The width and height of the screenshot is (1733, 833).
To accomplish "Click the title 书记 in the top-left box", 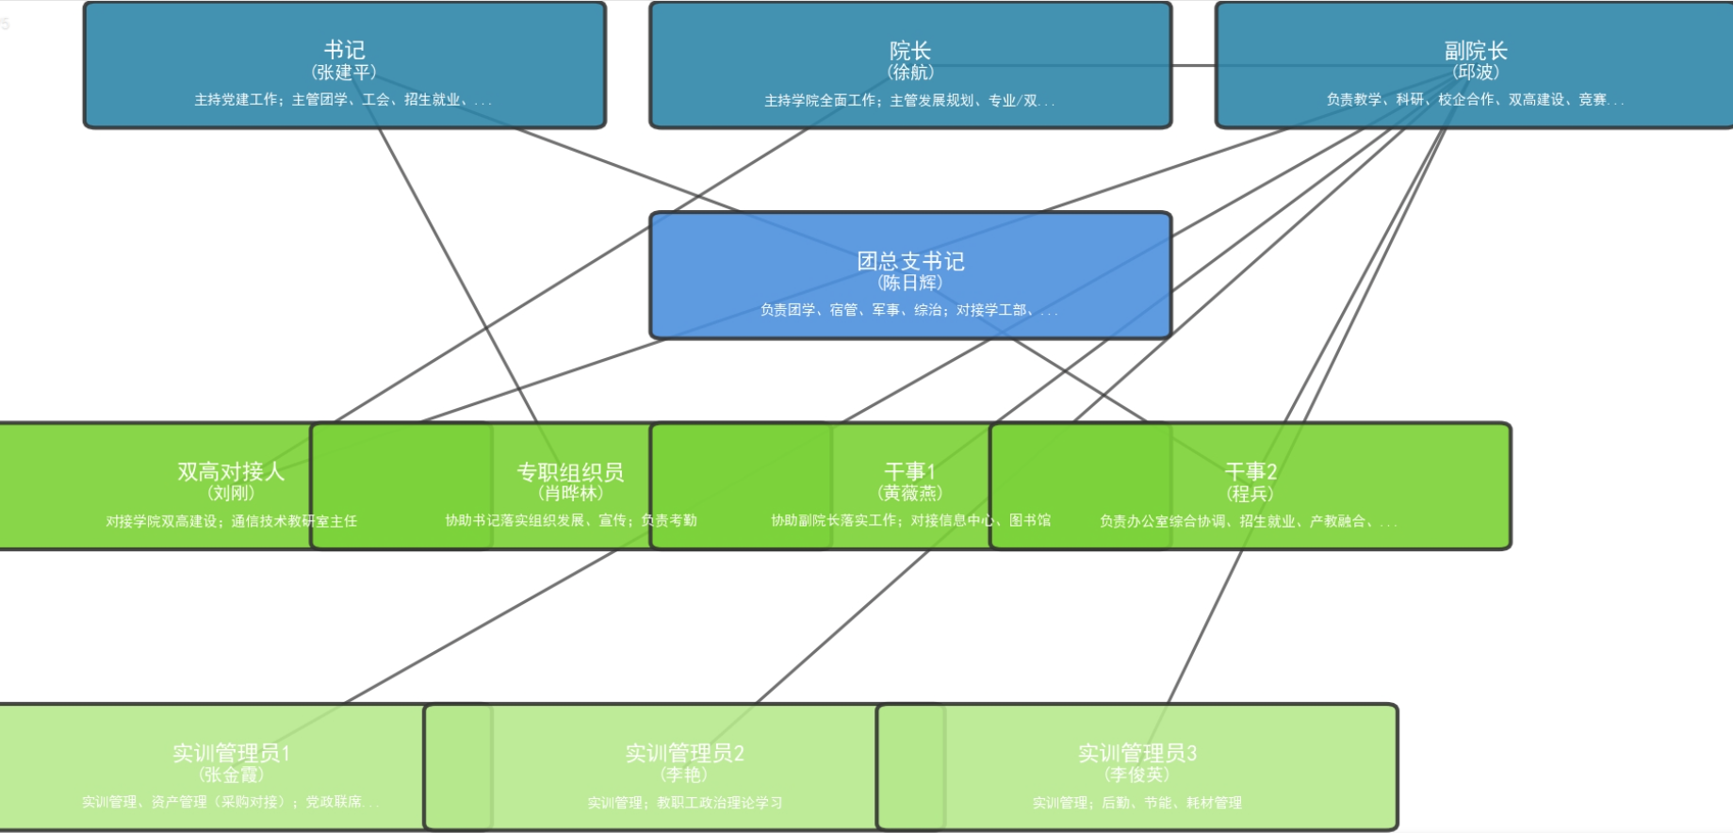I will [344, 50].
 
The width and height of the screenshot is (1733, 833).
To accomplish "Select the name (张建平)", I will [344, 73].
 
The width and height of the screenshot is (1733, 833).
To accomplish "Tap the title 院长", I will [909, 50].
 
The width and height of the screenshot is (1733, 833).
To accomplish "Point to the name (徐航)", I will [909, 73].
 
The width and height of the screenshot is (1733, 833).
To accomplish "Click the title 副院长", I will [1476, 50].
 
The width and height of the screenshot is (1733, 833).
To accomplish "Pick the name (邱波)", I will [1476, 73].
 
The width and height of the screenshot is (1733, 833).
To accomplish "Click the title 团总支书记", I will [910, 261].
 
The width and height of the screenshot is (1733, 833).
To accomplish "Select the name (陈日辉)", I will [910, 283].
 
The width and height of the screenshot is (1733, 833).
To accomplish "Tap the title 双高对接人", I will [231, 471].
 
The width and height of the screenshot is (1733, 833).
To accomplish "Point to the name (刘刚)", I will [231, 493].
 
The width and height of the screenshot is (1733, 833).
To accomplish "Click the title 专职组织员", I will [570, 471].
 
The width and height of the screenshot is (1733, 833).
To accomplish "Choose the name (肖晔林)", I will [570, 493].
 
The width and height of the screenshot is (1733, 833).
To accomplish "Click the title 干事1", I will [909, 471].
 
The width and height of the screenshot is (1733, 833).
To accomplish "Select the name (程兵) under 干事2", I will [1250, 494].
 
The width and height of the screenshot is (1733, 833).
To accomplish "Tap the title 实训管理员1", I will [231, 753].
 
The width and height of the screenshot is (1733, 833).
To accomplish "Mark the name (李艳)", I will [684, 775].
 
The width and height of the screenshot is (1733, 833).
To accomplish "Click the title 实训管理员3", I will [1136, 753].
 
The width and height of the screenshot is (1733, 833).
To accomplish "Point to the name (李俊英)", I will [1136, 775].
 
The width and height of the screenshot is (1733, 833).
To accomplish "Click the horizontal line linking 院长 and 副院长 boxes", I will [1193, 66].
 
